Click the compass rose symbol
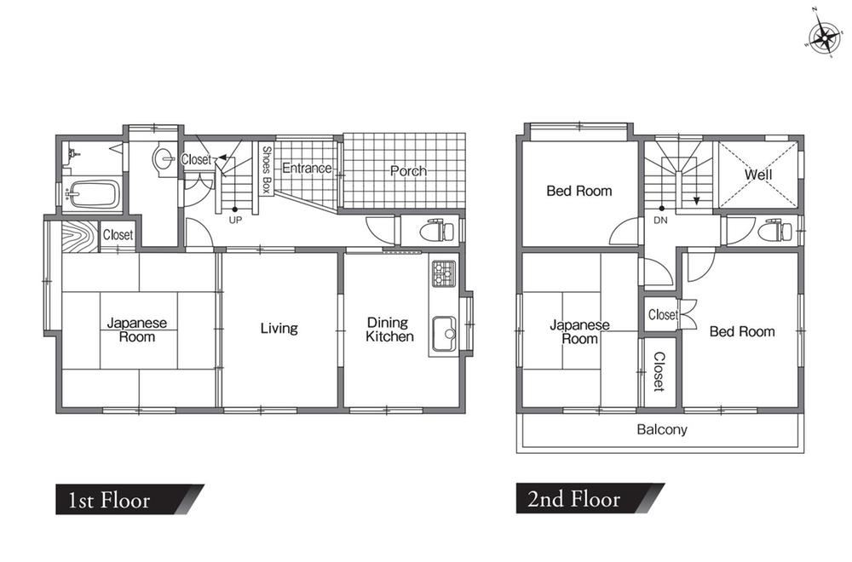pyautogui.click(x=825, y=37)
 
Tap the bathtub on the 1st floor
pyautogui.click(x=92, y=194)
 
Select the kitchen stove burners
pyautogui.click(x=443, y=273)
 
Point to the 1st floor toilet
pyautogui.click(x=437, y=231)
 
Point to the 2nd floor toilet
pyautogui.click(x=774, y=230)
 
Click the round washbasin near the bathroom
pyautogui.click(x=164, y=158)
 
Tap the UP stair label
pyautogui.click(x=235, y=220)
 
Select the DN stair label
pyautogui.click(x=661, y=221)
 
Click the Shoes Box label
pyautogui.click(x=266, y=170)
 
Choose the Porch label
pyautogui.click(x=408, y=171)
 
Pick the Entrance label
pyautogui.click(x=307, y=169)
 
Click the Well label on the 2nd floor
pyautogui.click(x=758, y=175)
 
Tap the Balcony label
pyautogui.click(x=662, y=429)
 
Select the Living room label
pyautogui.click(x=279, y=328)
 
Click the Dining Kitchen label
pyautogui.click(x=389, y=330)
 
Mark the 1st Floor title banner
pyautogui.click(x=130, y=499)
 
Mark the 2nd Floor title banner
pyautogui.click(x=590, y=498)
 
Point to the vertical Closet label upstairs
pyautogui.click(x=659, y=371)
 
